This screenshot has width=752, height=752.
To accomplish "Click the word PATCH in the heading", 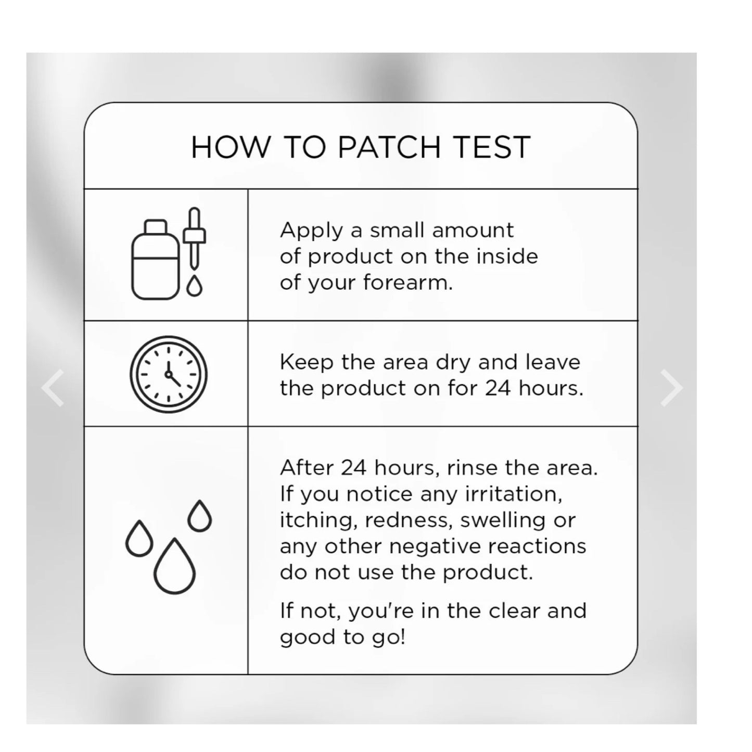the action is pyautogui.click(x=389, y=147).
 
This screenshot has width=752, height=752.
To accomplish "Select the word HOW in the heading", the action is pyautogui.click(x=230, y=147).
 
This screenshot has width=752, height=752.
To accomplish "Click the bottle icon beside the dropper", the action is pyautogui.click(x=155, y=260).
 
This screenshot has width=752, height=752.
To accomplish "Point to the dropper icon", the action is pyautogui.click(x=194, y=238).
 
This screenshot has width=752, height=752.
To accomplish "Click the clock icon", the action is pyautogui.click(x=169, y=374).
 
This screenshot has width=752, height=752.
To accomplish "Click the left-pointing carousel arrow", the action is pyautogui.click(x=53, y=388).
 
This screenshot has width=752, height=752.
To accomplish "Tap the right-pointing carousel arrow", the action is pyautogui.click(x=671, y=388).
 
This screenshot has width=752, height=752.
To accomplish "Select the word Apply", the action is pyautogui.click(x=311, y=231).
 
